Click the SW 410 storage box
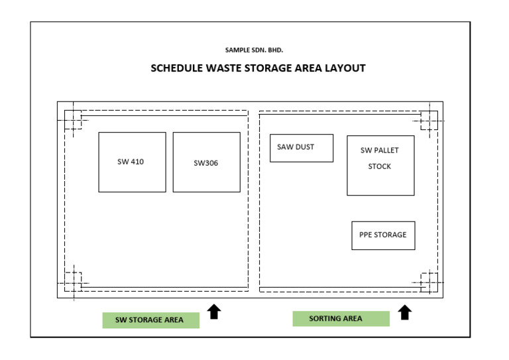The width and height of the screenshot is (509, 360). [x=132, y=162]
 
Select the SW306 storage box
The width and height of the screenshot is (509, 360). [x=206, y=162]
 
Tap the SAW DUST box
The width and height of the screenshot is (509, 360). [x=302, y=148]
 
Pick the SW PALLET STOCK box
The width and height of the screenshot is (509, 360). [x=380, y=165]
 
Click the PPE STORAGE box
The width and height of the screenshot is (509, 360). [x=383, y=235]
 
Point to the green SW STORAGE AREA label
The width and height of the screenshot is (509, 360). [x=150, y=320]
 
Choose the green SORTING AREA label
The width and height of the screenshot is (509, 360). [x=341, y=318]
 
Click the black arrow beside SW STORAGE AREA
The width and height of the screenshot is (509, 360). [x=214, y=312]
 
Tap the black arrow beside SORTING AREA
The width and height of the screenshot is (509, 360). [x=405, y=312]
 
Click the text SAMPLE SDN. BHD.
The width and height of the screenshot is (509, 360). [x=254, y=50]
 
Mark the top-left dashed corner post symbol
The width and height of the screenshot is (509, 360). [x=74, y=120]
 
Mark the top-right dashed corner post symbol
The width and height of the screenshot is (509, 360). [x=429, y=120]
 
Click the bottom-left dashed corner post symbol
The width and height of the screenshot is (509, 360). [x=74, y=282]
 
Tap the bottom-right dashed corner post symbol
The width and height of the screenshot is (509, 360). [x=429, y=282]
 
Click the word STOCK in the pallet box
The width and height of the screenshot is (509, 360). [x=380, y=166]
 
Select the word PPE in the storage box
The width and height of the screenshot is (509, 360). [x=367, y=235]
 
